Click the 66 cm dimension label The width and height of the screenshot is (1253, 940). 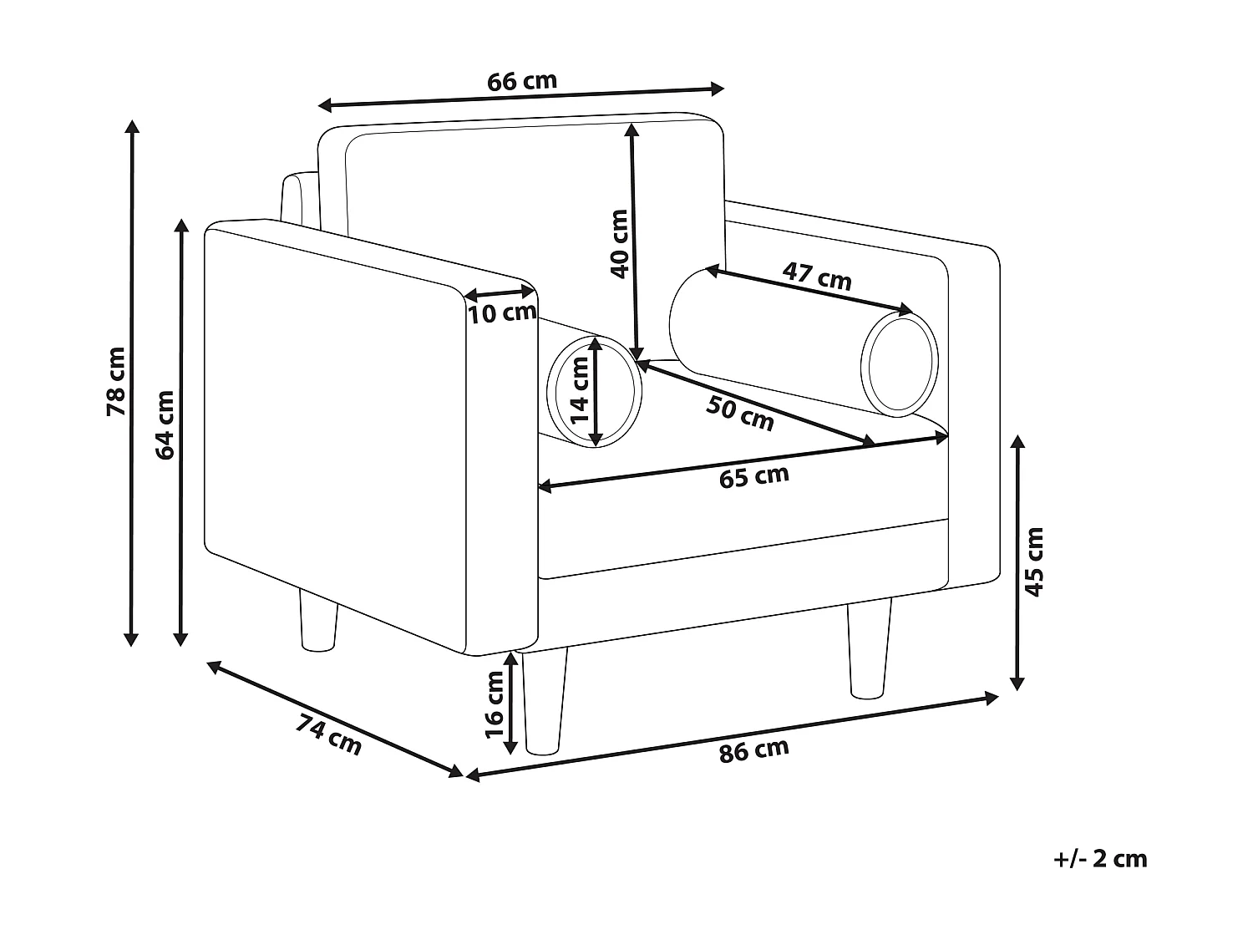click(x=521, y=82)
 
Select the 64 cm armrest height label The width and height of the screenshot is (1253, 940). click(x=165, y=424)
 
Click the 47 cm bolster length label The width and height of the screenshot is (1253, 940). click(x=816, y=277)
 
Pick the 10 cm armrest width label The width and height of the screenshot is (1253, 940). click(x=501, y=313)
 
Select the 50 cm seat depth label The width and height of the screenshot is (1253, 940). click(x=740, y=413)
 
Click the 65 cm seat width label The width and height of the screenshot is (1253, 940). click(x=753, y=476)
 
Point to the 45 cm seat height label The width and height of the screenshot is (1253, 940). click(x=1034, y=561)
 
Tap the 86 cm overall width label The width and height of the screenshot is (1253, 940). click(x=753, y=749)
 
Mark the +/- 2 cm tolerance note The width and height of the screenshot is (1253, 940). click(x=1101, y=858)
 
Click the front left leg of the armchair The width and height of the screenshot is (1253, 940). click(x=545, y=702)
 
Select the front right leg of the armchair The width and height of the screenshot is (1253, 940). click(x=869, y=648)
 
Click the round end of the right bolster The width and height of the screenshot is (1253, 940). click(x=900, y=364)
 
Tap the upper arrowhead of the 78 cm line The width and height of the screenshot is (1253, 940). click(x=131, y=126)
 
